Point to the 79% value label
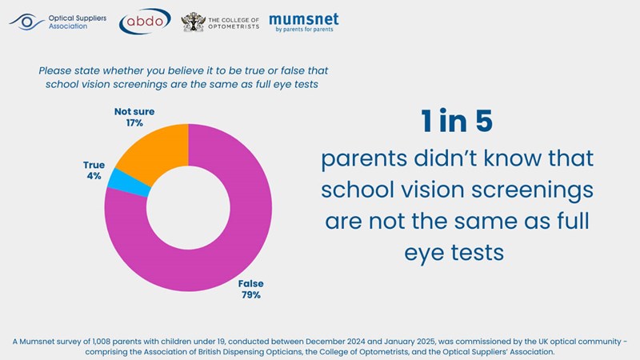(x=250, y=294)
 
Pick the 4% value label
(x=94, y=176)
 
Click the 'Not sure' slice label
(x=134, y=112)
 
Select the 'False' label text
(x=250, y=283)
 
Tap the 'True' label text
(x=94, y=165)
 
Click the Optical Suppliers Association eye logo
(x=27, y=21)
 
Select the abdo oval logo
(x=144, y=22)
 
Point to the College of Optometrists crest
(x=193, y=22)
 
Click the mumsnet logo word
(x=303, y=18)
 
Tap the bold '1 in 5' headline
(x=457, y=122)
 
